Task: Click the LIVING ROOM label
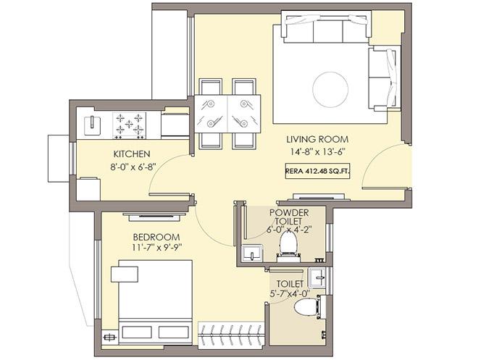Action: coord(317,139)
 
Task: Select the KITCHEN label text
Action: coord(131,154)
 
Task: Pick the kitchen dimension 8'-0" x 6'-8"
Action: coord(132,167)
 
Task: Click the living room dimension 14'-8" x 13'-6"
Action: coord(317,152)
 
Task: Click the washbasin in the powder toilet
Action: coord(253,253)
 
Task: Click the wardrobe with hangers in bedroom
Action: coord(228,335)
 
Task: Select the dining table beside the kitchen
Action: coord(227,112)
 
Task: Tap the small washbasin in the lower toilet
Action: coord(317,278)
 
